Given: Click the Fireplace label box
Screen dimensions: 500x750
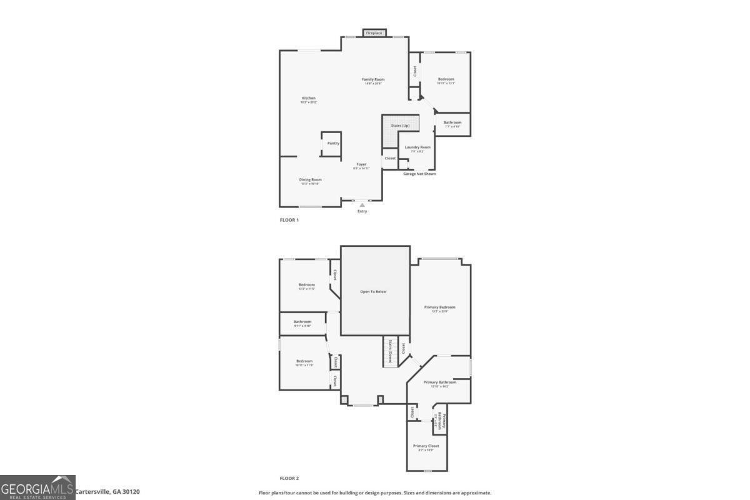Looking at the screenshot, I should click(374, 32).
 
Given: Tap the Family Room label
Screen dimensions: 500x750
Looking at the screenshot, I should click(374, 79).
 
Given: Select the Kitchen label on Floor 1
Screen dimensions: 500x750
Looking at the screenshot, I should click(309, 98).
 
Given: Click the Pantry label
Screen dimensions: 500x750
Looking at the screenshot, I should click(333, 143).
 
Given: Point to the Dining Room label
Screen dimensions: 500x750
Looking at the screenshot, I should click(310, 179).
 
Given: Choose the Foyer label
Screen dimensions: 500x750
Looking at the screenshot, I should click(362, 164).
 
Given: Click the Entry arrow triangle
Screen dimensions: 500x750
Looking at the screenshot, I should click(362, 204).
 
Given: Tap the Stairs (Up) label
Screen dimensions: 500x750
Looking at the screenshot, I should click(401, 126).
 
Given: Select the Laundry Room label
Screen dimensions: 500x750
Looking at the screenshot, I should click(417, 147).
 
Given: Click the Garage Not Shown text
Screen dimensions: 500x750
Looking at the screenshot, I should click(419, 174).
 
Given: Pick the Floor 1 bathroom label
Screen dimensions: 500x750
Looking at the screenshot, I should click(452, 122).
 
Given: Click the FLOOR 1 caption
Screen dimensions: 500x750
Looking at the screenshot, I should click(289, 220).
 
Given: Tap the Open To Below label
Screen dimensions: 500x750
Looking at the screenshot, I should click(373, 291).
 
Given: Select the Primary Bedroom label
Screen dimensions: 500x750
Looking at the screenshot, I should click(440, 307).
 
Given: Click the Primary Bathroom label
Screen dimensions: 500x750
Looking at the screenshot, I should click(440, 382).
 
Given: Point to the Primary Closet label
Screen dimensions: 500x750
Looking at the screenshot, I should click(426, 446).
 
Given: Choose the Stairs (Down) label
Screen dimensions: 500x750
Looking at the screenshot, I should click(390, 352).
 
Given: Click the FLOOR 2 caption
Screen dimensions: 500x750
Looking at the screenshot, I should click(289, 478).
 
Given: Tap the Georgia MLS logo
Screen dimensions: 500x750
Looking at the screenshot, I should click(37, 487).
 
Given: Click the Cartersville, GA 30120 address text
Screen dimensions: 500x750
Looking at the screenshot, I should click(107, 492).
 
